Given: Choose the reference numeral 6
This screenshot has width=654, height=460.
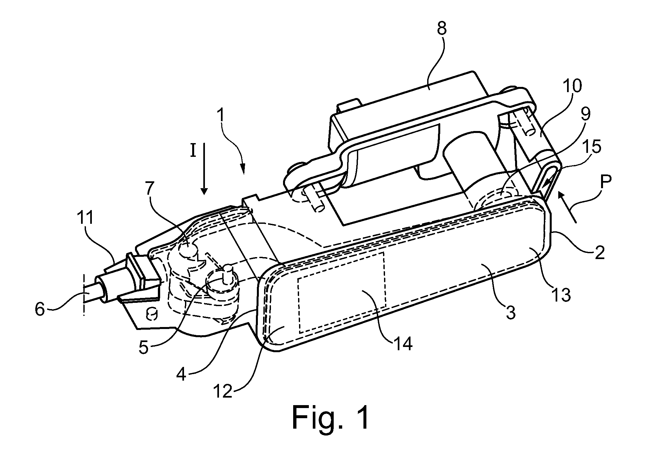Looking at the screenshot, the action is [40, 309].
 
